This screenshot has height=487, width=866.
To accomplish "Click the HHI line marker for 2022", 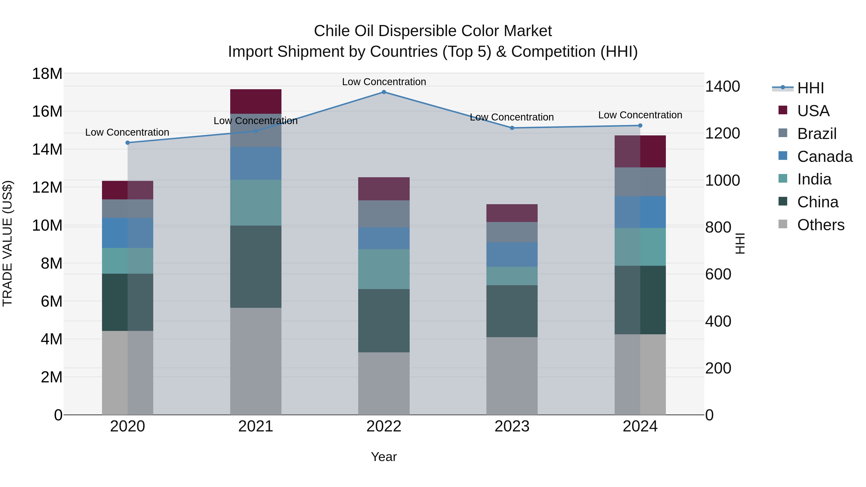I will coord(384,92).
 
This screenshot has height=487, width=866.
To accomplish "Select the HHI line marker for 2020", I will coord(127,143).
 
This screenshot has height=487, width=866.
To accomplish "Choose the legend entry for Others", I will coord(820,225).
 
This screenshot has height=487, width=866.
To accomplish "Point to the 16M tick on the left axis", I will coord(47,111).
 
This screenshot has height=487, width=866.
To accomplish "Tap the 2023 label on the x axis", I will coord(512,426).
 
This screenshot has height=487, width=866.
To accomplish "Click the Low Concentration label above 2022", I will coord(384,82).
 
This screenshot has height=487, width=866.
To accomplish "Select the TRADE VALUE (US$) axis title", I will coord(7,243).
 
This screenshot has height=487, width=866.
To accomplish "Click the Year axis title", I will coord(384,457).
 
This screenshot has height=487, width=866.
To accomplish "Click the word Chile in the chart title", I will coord(331,31).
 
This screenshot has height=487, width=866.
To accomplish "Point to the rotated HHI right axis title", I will coord(740,243).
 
